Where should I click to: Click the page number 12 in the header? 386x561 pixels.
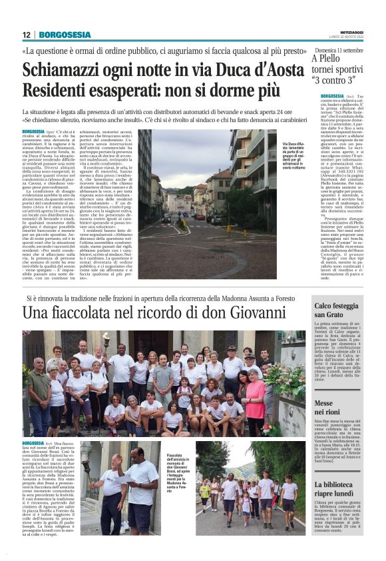27,35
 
